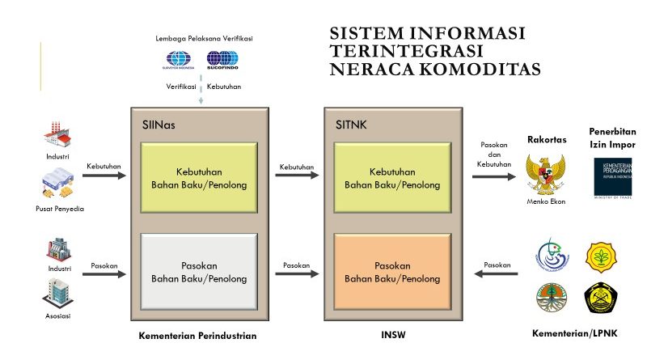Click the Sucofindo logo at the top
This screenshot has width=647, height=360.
[222, 60]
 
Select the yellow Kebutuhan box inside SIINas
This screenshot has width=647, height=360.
[199, 178]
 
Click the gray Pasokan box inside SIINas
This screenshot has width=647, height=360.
[199, 272]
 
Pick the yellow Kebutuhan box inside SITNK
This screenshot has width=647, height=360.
[392, 178]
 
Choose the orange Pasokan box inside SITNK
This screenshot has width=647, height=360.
[392, 272]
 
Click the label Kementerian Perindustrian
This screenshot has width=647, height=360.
[198, 334]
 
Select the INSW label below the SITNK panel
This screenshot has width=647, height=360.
[391, 334]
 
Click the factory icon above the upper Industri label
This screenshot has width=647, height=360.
[57, 133]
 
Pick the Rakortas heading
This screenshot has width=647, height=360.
[547, 139]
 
